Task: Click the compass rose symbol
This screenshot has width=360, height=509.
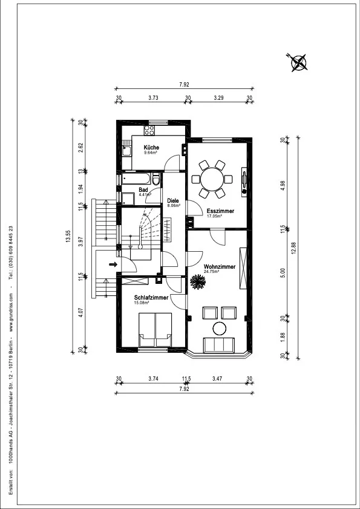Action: click(x=298, y=63)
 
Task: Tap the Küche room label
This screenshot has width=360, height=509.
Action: click(x=151, y=148)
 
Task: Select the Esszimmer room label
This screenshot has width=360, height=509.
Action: click(x=220, y=211)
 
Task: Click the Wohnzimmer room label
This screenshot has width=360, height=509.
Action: click(x=220, y=267)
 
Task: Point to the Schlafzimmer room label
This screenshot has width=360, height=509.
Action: click(x=151, y=298)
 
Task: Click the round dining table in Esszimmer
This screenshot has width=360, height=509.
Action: click(x=212, y=179)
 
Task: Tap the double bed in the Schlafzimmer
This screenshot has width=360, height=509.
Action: click(x=155, y=329)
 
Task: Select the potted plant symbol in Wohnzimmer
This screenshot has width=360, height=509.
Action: click(x=198, y=281)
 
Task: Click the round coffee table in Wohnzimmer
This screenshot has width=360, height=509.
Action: click(x=219, y=329)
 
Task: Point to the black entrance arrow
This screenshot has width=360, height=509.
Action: click(x=113, y=264)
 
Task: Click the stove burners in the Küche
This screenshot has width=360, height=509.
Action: click(x=149, y=130)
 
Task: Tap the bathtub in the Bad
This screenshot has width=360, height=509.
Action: click(x=136, y=179)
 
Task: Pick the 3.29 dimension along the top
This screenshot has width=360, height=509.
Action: click(x=218, y=97)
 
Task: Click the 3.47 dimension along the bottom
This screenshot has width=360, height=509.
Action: click(x=218, y=378)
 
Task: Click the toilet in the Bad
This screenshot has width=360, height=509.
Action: click(x=156, y=179)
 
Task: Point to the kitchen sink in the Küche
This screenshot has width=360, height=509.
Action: click(x=126, y=151)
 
